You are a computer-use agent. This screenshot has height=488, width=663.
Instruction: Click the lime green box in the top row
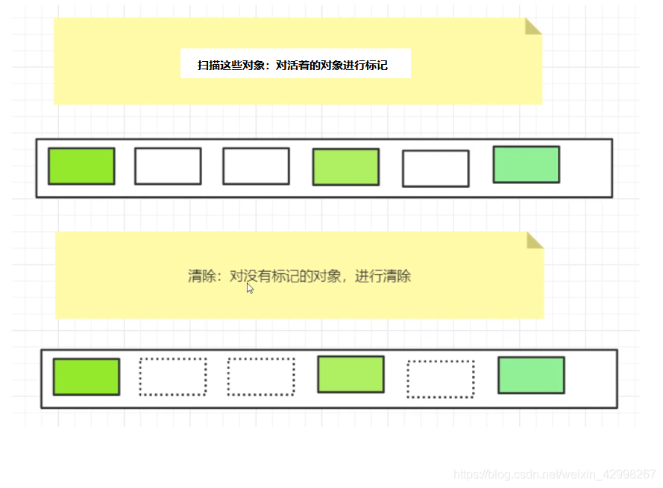(81, 166)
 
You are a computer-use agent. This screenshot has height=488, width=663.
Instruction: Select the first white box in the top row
(168, 166)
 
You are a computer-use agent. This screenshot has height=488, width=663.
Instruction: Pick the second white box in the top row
(256, 166)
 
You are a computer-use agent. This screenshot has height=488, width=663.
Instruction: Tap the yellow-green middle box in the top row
(345, 167)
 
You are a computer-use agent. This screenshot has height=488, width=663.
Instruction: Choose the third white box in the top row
(436, 168)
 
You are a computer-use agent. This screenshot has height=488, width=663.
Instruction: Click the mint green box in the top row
(526, 165)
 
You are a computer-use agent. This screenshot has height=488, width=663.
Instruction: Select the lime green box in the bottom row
(86, 377)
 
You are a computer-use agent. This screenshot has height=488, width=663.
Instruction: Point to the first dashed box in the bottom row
(172, 377)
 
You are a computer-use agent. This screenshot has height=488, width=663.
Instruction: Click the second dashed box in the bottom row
(260, 377)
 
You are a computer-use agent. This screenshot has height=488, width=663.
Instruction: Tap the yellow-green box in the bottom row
(351, 374)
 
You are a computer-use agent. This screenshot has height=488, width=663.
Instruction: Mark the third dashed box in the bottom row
(440, 379)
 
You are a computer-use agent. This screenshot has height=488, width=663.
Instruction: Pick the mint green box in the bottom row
(531, 375)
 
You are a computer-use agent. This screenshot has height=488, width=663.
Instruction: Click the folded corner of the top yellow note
(532, 27)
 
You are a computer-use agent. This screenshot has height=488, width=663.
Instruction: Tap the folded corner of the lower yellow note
(534, 240)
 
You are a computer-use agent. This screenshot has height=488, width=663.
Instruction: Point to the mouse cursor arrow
(250, 288)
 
